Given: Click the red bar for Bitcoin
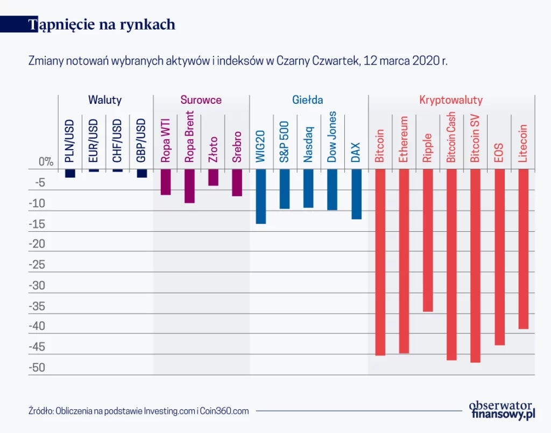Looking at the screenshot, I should [380, 262].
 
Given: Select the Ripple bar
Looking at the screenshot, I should [428, 240].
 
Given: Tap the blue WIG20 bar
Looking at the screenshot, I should [261, 196].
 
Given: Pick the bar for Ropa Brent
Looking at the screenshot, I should [189, 186].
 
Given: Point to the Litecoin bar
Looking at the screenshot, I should [523, 249].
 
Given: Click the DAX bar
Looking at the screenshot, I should [356, 194].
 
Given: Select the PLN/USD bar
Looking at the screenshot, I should [70, 173].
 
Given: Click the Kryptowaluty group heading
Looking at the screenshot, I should [451, 100].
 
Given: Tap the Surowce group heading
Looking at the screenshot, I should [201, 100].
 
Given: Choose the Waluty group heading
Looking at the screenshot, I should [105, 100].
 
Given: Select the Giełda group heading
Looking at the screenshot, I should [308, 100].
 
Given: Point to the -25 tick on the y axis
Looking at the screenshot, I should [37, 265].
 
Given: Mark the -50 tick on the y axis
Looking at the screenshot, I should [37, 368].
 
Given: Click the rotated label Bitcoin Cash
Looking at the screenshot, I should [451, 137].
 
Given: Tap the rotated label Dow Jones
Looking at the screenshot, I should [332, 137].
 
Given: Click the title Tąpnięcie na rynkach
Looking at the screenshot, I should [102, 25].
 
